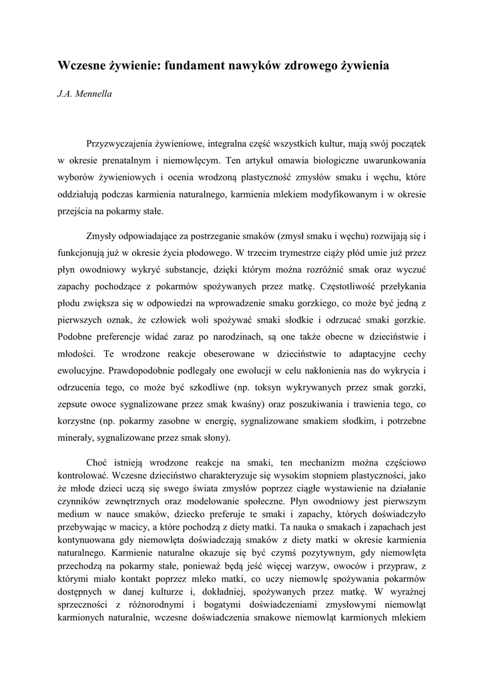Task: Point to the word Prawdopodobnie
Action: click(x=135, y=370)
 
